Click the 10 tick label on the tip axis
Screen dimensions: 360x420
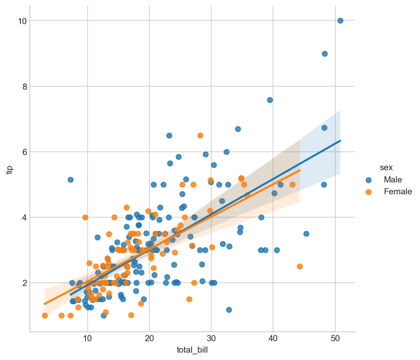click(22, 21)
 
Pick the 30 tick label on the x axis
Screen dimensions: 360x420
click(211, 339)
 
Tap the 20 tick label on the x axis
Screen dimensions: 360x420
click(149, 339)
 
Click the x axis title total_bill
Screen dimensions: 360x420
click(192, 351)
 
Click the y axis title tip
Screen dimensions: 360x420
click(10, 169)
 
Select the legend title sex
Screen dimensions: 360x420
click(386, 167)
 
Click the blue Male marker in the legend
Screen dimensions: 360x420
click(369, 180)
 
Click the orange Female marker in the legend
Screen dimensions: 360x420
click(369, 191)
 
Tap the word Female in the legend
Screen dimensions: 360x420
click(397, 191)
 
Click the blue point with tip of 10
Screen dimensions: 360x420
click(340, 21)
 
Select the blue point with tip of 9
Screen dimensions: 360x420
click(325, 54)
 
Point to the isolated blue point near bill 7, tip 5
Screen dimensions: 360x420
click(70, 180)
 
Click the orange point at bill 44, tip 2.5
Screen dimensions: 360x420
click(300, 266)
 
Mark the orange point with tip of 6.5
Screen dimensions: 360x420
click(200, 135)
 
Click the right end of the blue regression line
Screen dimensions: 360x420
click(340, 141)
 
